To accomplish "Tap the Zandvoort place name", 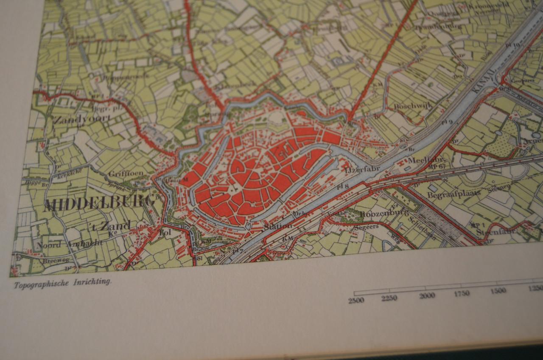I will point(82,119).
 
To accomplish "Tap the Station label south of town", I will point(278,226).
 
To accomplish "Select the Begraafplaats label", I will point(453,194).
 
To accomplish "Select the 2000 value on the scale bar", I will point(427,295).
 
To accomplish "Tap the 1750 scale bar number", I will point(462,293).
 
